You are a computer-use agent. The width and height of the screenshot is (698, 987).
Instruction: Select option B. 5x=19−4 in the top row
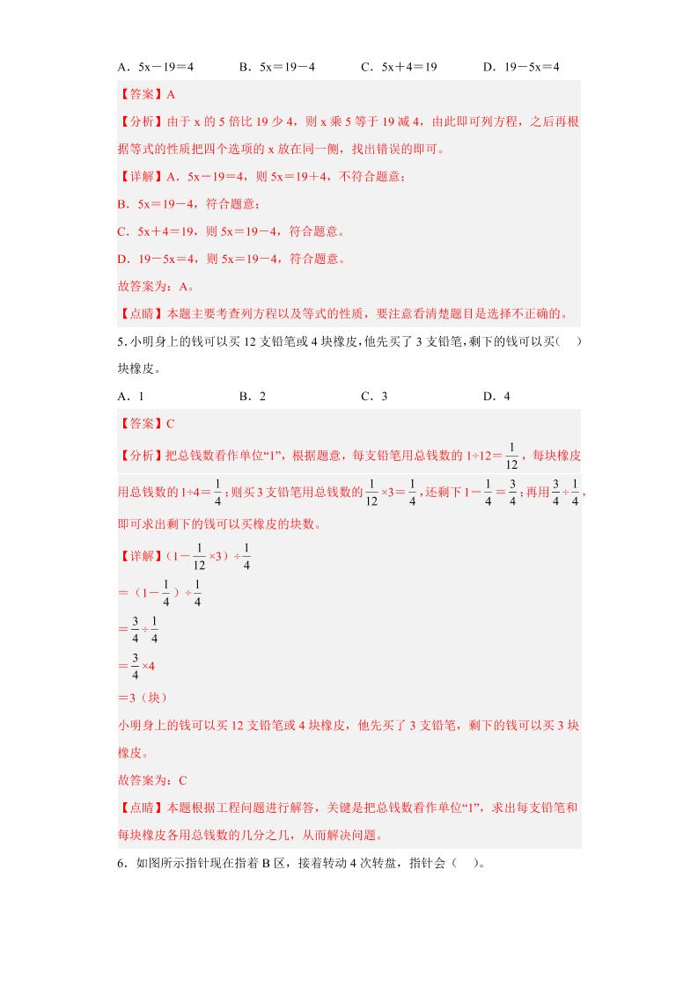click(x=276, y=67)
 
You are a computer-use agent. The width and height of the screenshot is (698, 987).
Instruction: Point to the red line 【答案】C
click(x=147, y=423)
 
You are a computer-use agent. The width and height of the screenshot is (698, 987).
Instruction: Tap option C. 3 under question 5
click(x=374, y=396)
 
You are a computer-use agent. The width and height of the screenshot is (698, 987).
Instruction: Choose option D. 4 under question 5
click(x=496, y=396)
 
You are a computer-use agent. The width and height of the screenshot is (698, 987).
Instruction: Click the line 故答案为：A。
click(x=156, y=286)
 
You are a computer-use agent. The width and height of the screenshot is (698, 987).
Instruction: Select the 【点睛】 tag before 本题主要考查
click(x=140, y=313)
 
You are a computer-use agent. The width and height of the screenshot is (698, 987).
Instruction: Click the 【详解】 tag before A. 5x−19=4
click(x=140, y=177)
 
